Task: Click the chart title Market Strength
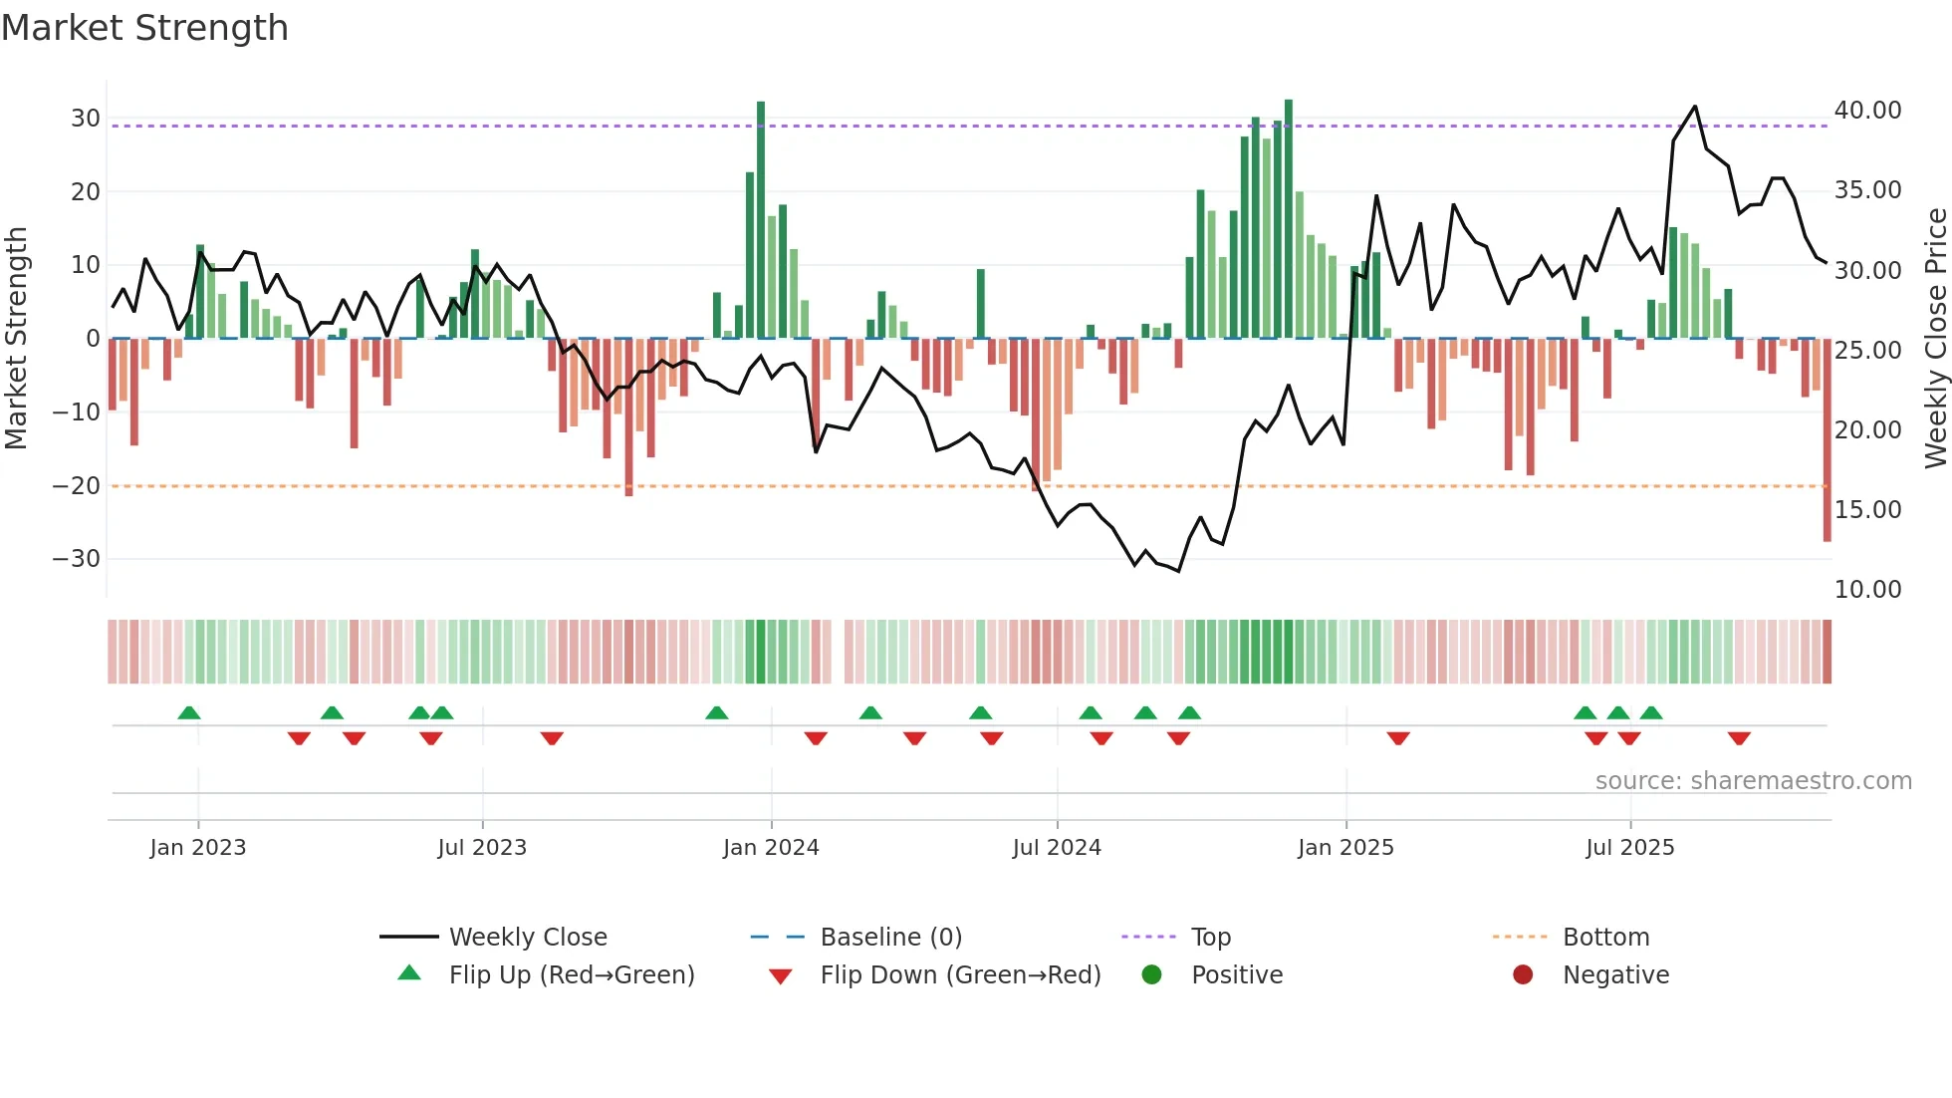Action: pyautogui.click(x=144, y=28)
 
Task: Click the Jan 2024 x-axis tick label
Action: pyautogui.click(x=771, y=848)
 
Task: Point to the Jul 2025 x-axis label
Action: pyautogui.click(x=1629, y=848)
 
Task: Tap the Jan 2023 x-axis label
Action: pyautogui.click(x=197, y=848)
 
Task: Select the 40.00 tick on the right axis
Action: pyautogui.click(x=1867, y=111)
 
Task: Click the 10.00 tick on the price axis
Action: pyautogui.click(x=1867, y=590)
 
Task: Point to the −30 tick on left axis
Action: pyautogui.click(x=76, y=559)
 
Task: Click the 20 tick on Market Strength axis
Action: pyautogui.click(x=85, y=191)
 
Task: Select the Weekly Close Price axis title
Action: pyautogui.click(x=1935, y=339)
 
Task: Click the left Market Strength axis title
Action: pyautogui.click(x=16, y=339)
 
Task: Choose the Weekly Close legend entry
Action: pyautogui.click(x=527, y=938)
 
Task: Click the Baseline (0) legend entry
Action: pyautogui.click(x=890, y=938)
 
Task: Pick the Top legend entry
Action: pyautogui.click(x=1210, y=938)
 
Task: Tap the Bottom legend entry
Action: pyautogui.click(x=1605, y=938)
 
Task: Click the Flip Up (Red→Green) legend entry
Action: pyautogui.click(x=571, y=975)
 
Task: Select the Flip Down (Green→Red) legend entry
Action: pyautogui.click(x=960, y=975)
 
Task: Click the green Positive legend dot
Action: pyautogui.click(x=1152, y=975)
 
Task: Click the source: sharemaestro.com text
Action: pyautogui.click(x=1753, y=781)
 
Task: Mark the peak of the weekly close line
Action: pyautogui.click(x=1695, y=107)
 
